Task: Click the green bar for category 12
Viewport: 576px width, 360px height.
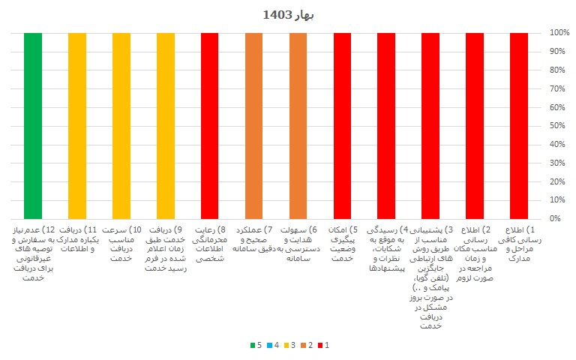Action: [33, 125]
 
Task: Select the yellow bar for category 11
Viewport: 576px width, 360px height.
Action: [77, 125]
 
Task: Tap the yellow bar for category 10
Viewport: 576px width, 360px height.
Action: [121, 125]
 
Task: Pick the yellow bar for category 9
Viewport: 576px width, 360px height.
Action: [166, 125]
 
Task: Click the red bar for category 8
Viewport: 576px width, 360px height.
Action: [210, 125]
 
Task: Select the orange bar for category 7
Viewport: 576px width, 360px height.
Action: [254, 125]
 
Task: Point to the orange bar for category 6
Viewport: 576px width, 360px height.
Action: [298, 125]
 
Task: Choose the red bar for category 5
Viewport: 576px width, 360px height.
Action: [342, 125]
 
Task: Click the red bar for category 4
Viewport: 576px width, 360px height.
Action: [386, 125]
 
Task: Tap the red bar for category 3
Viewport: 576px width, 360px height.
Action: [430, 125]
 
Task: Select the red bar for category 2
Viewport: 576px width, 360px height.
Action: [475, 125]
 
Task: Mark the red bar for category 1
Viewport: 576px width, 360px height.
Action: [519, 125]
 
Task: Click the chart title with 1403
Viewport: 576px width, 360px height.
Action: [288, 14]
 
